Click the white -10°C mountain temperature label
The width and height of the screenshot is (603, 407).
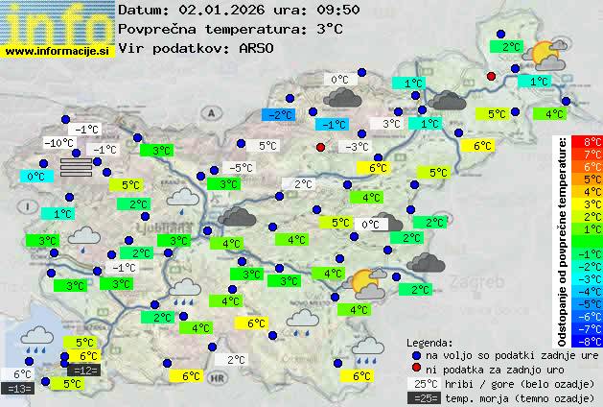[x=58, y=143]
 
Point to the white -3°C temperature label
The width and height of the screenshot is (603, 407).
[x=356, y=146]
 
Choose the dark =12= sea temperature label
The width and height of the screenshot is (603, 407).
[x=83, y=370]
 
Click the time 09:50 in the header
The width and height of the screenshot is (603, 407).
[x=311, y=10]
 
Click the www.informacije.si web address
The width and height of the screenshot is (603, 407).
[x=58, y=51]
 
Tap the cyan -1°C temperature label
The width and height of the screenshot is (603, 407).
[x=334, y=124]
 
